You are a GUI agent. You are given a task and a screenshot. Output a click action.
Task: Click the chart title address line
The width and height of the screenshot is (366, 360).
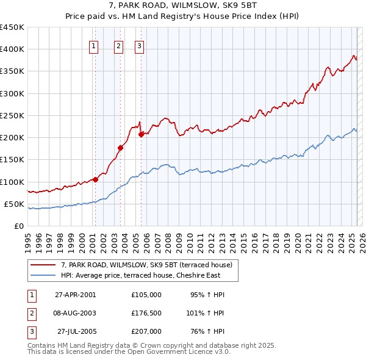(182, 5)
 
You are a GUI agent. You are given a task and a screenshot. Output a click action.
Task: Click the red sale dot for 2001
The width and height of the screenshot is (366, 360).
(96, 179)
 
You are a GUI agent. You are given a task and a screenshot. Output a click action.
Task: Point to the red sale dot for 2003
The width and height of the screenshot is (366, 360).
(120, 148)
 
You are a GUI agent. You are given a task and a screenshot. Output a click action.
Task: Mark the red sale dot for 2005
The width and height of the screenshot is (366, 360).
(141, 134)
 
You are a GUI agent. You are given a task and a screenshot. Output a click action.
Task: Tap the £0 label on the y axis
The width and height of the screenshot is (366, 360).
(18, 226)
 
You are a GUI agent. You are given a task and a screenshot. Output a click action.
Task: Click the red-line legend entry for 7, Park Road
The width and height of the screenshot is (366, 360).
(146, 265)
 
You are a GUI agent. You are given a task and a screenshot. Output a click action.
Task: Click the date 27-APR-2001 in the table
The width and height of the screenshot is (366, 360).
(76, 295)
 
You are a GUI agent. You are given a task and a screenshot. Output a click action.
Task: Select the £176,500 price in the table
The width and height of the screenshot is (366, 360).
(146, 313)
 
